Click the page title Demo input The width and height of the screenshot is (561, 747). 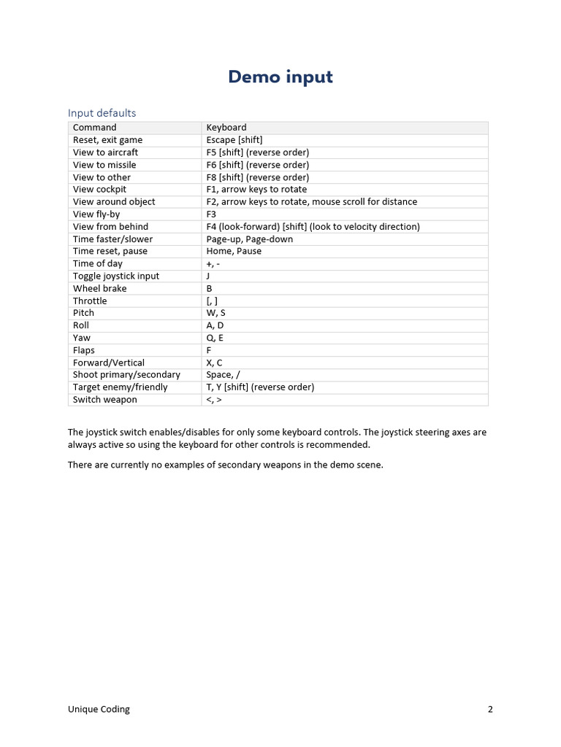coord(280,77)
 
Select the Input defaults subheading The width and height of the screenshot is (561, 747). coord(102,112)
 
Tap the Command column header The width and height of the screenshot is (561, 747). coord(94,128)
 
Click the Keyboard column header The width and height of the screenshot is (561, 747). coord(226,128)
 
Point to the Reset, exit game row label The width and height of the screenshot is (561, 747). coord(107,140)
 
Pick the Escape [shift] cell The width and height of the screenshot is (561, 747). coord(234,140)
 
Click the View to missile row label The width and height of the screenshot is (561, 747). coord(104,165)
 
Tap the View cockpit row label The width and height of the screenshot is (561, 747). coord(99,190)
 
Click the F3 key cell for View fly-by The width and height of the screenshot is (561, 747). coord(212,214)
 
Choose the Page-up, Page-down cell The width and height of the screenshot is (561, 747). coord(250,239)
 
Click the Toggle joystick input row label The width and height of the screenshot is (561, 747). coord(116,276)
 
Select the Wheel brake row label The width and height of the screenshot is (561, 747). coord(99,288)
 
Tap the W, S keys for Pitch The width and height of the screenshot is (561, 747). coord(216,313)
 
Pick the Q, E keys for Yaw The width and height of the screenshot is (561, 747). coord(215,338)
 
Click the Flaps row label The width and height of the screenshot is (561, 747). coord(84,350)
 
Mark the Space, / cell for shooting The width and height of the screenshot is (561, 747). coord(224,375)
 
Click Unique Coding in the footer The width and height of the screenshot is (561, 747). coord(99,709)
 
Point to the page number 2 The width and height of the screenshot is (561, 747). coord(490,709)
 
